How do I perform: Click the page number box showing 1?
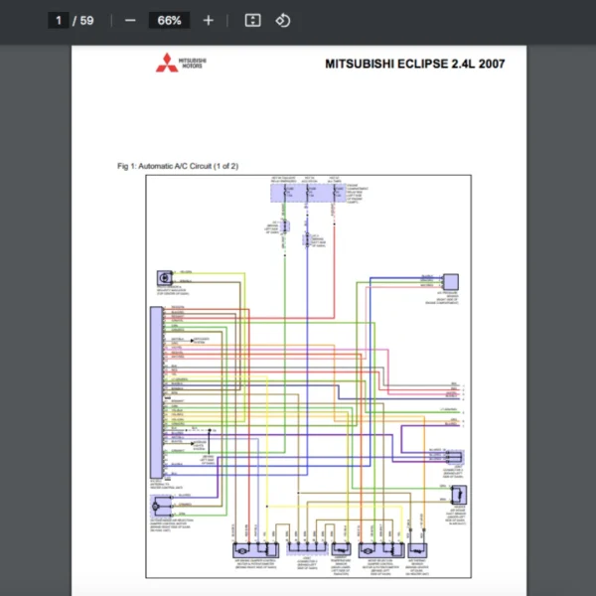59,20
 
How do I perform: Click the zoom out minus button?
130,20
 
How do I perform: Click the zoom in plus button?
208,20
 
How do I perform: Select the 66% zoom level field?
169,20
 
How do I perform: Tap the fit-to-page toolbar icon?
252,20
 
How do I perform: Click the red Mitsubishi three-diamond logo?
163,65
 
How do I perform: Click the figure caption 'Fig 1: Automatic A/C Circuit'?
177,166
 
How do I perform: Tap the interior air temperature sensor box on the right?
461,494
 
